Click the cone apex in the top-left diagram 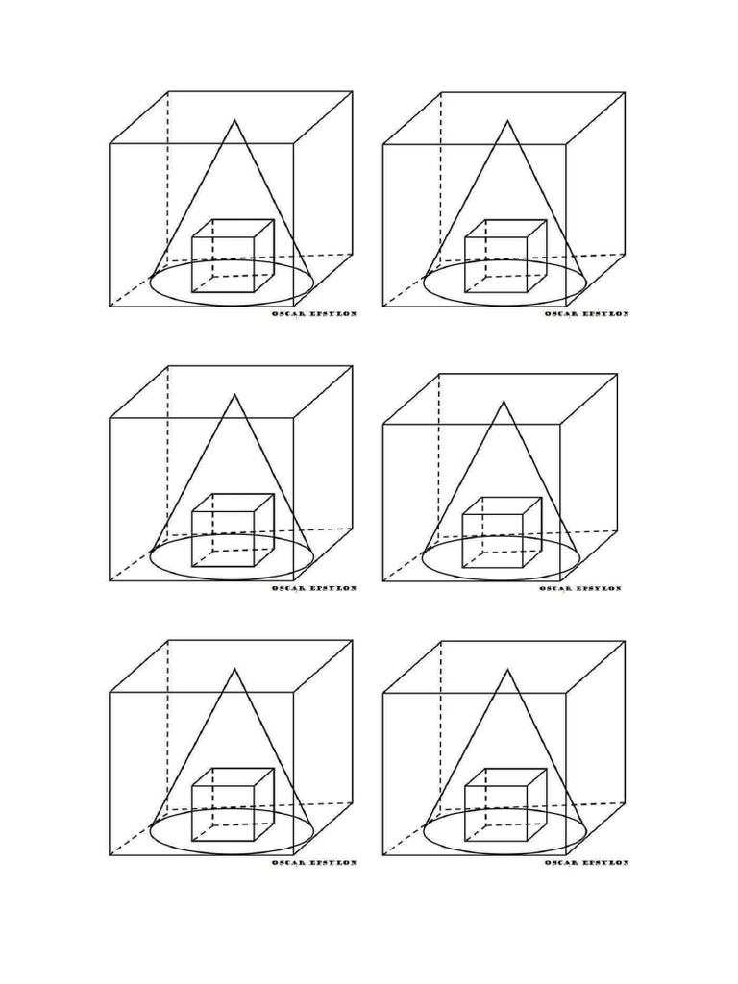pos(234,120)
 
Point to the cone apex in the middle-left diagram pos(234,394)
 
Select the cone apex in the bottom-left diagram pos(234,669)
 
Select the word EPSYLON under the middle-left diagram pos(332,588)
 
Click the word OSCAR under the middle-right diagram pos(554,588)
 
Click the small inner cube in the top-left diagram pos(233,256)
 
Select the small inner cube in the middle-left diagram pos(233,530)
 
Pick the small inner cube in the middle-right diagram pos(501,532)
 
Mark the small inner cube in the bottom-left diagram pos(233,804)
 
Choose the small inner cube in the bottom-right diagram pos(505,804)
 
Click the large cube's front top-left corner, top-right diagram pos(383,145)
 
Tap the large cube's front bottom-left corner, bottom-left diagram pos(111,854)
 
